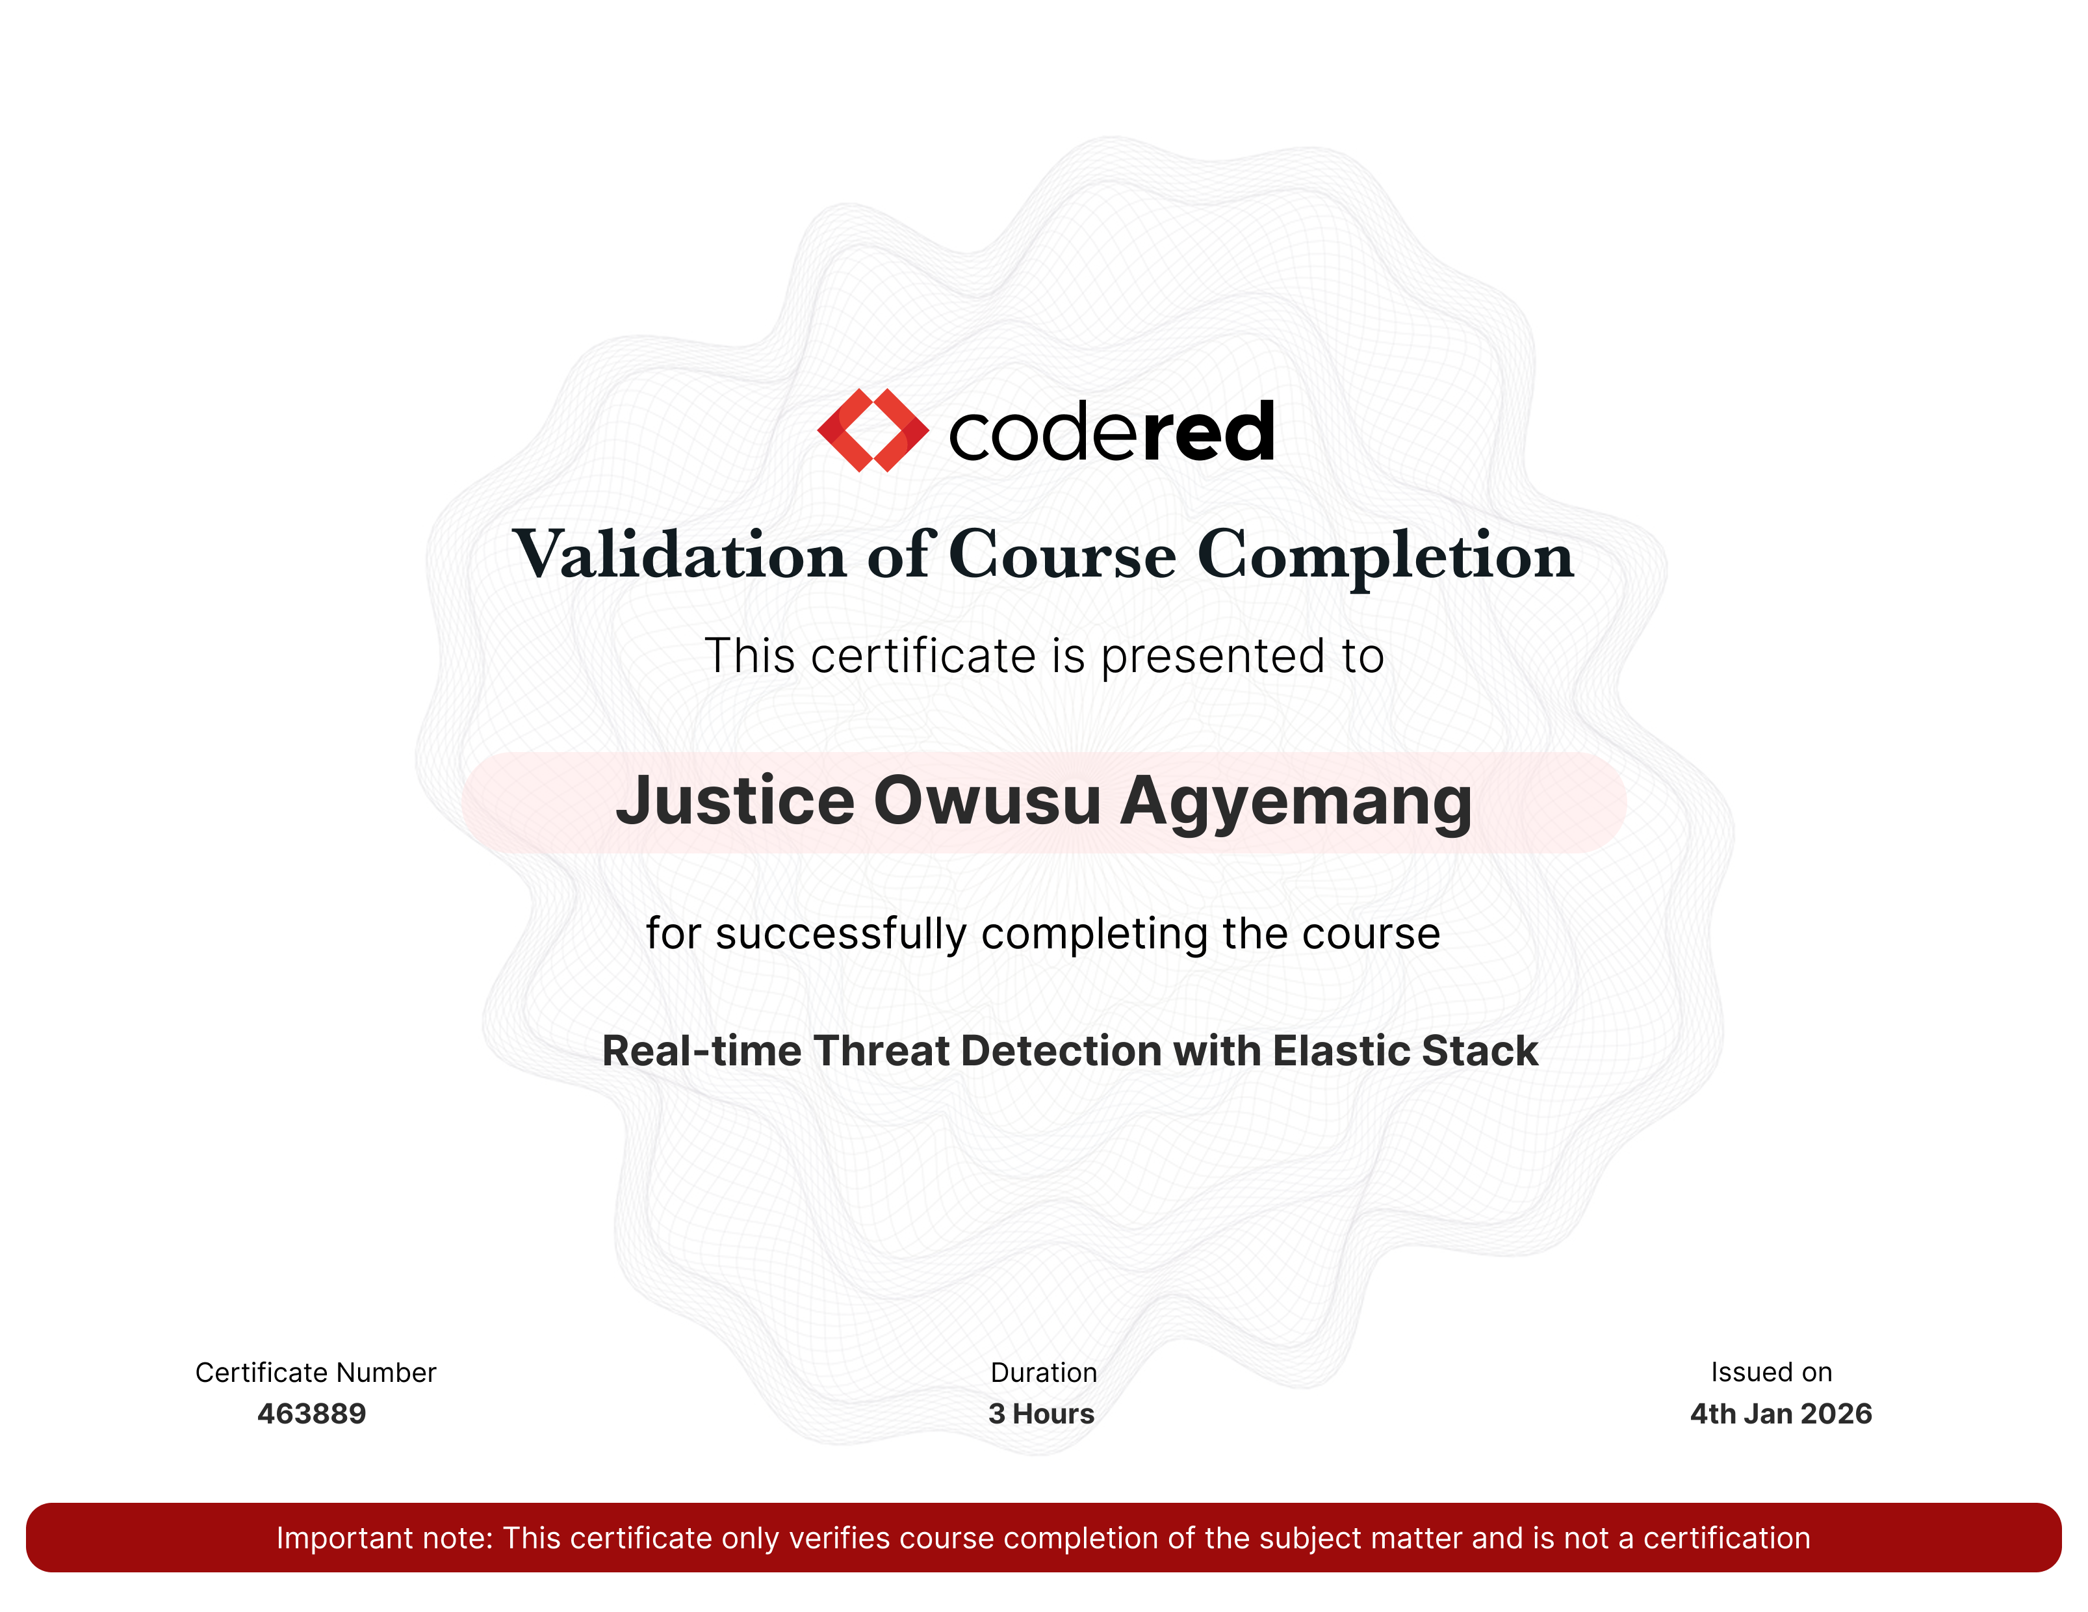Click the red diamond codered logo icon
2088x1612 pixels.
pyautogui.click(x=873, y=430)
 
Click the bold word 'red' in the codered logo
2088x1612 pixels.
pyautogui.click(x=1209, y=432)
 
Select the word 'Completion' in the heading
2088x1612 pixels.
pyautogui.click(x=1386, y=556)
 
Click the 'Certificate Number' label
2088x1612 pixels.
pyautogui.click(x=315, y=1372)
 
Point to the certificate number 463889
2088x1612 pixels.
pyautogui.click(x=312, y=1413)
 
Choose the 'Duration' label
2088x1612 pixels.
pyautogui.click(x=1044, y=1372)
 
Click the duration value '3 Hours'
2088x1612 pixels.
pyautogui.click(x=1041, y=1413)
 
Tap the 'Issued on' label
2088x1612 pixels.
pyautogui.click(x=1772, y=1372)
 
